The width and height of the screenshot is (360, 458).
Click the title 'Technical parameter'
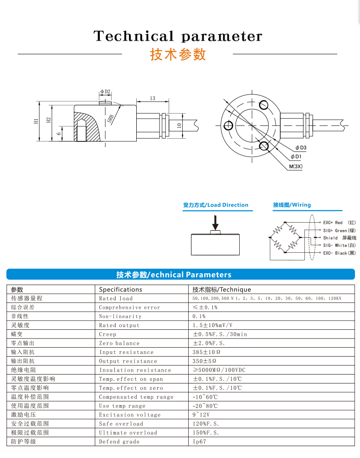178,36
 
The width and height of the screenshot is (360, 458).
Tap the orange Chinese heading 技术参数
178,54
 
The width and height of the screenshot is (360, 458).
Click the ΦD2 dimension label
105,92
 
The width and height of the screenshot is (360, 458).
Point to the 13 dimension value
152,98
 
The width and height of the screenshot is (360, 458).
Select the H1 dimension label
36,121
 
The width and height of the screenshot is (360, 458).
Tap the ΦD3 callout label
300,148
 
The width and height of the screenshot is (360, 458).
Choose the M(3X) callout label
296,167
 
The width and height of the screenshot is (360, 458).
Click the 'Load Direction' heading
216,205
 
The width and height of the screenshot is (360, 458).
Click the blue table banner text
174,275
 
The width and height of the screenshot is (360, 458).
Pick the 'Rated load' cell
116,298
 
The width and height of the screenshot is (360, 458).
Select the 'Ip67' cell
200,442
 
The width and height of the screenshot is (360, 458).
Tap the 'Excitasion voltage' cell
130,415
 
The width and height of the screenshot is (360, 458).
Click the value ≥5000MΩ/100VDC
219,370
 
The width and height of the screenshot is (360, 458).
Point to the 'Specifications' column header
120,289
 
